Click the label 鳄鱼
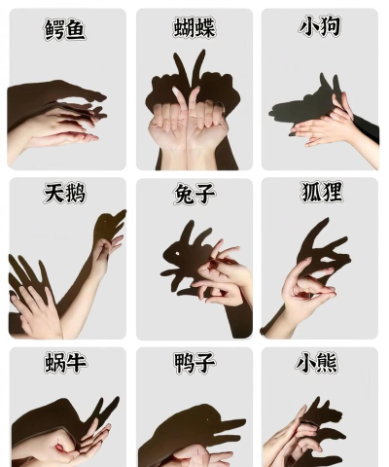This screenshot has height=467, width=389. pos(65,29)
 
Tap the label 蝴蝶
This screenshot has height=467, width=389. pos(194,27)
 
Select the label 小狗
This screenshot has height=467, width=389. pos(319,26)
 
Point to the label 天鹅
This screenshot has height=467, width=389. pos(65,194)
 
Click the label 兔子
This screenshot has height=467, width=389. pos(194,195)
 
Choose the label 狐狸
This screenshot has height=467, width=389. pos(321,192)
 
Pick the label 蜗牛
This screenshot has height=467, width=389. pos(65,363)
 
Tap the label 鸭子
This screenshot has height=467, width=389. pos(194,363)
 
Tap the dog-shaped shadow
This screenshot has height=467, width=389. pos(301,102)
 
